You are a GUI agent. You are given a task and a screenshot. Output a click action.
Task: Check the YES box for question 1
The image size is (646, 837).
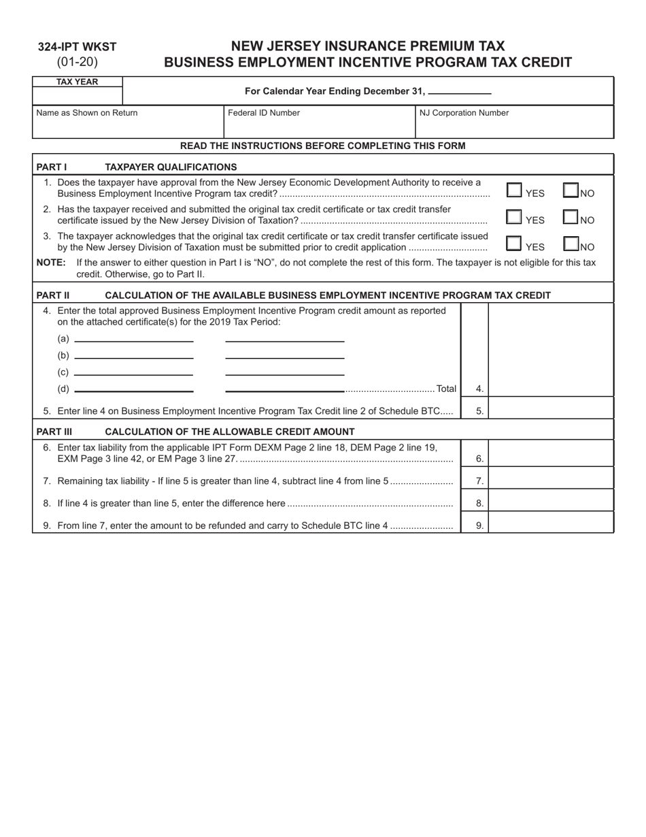[515, 191]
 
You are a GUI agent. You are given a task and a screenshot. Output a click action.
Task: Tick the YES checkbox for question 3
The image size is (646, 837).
[515, 244]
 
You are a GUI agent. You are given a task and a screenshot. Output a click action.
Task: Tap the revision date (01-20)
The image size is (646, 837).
[77, 62]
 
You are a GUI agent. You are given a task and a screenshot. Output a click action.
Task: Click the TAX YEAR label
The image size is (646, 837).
[77, 82]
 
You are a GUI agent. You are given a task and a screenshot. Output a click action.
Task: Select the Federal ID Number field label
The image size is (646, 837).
[263, 113]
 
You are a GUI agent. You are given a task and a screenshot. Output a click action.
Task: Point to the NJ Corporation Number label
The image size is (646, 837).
[464, 113]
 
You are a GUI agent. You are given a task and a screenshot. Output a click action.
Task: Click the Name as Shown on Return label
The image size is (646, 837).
[86, 113]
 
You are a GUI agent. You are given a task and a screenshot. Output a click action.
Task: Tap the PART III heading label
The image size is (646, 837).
[54, 431]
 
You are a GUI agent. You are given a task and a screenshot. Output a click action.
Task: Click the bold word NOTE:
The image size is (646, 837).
[51, 263]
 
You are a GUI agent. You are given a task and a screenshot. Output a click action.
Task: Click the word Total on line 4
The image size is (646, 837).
[446, 389]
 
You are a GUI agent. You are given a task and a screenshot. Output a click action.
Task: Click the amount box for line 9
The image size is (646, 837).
[551, 525]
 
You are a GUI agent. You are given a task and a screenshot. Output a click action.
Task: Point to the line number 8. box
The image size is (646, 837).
[479, 503]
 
